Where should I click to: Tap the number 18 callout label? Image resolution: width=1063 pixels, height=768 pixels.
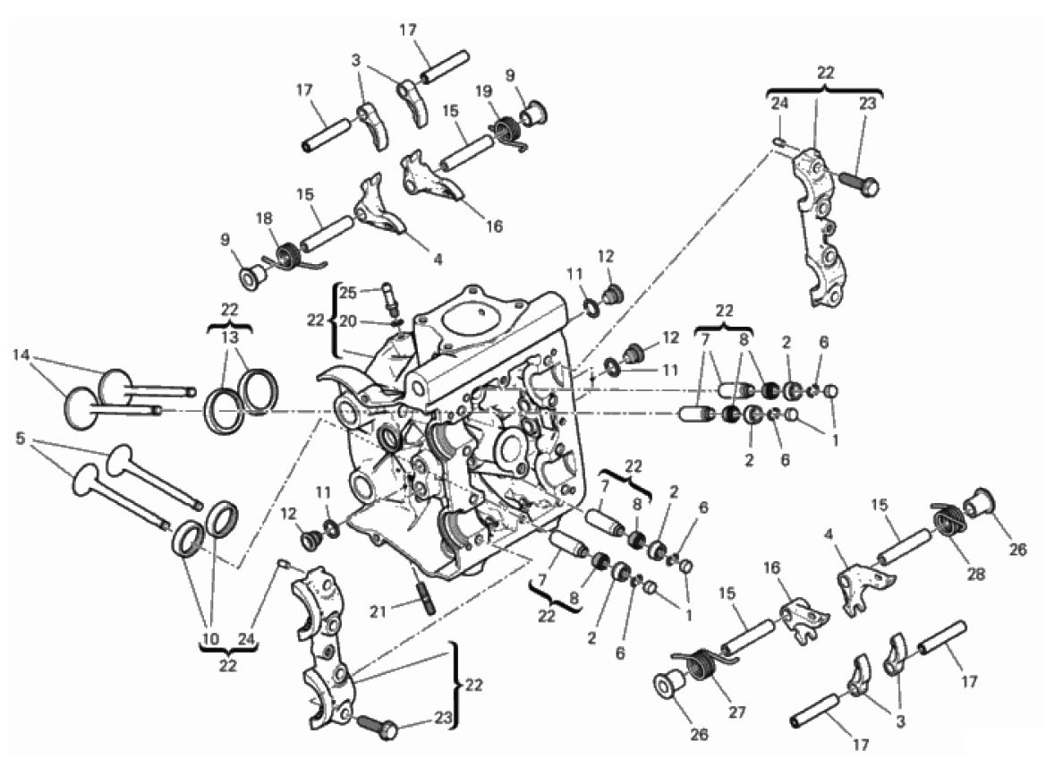click(x=265, y=218)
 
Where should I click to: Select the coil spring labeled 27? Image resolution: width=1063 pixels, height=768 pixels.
click(x=702, y=662)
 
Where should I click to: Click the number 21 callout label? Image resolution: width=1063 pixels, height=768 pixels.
click(x=378, y=612)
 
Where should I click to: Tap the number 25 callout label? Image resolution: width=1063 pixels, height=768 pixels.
click(x=348, y=293)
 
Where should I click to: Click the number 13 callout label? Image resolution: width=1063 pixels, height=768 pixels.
click(x=230, y=337)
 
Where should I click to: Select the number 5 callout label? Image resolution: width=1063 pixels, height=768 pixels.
click(x=21, y=439)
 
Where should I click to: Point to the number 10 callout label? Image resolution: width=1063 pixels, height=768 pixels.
click(x=210, y=638)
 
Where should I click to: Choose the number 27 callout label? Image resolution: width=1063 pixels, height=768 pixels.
click(x=737, y=713)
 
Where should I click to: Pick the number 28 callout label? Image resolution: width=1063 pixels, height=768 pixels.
click(x=975, y=575)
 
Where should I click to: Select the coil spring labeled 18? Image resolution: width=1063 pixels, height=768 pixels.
click(x=293, y=258)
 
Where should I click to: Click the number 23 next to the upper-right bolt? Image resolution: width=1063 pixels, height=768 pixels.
click(x=868, y=104)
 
